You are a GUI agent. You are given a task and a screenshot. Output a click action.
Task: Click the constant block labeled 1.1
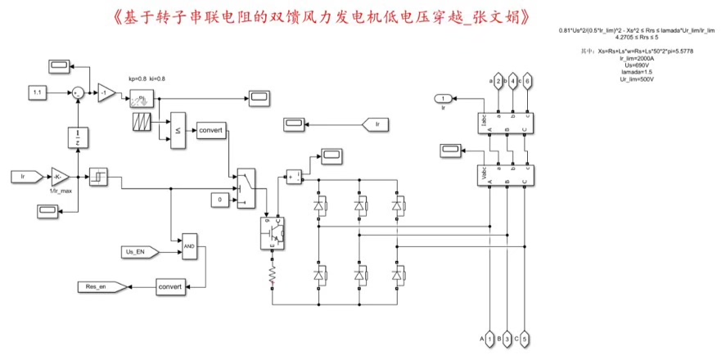pos(38,93)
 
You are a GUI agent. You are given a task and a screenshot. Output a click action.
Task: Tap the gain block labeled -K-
pos(60,175)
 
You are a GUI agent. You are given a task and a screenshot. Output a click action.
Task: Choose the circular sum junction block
pos(77,93)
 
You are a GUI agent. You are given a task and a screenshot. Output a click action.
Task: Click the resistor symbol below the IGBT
pos(272,280)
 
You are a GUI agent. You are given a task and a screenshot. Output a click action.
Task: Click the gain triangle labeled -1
pos(106,93)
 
